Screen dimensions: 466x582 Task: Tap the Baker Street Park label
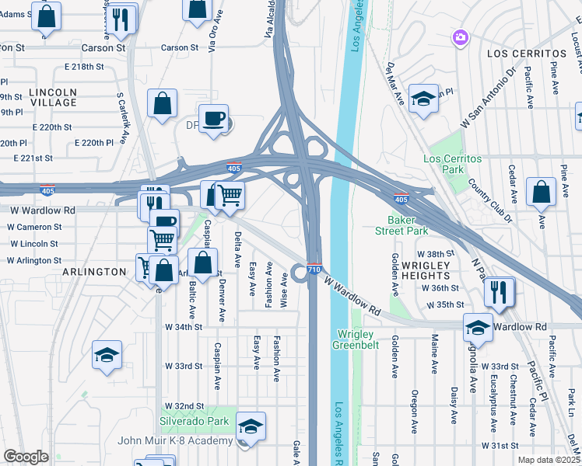pyautogui.click(x=408, y=225)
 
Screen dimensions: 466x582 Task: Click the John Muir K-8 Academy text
pyautogui.click(x=175, y=441)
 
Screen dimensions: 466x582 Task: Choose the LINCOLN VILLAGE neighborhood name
pyautogui.click(x=53, y=97)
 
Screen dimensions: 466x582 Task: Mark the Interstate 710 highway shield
pyautogui.click(x=314, y=269)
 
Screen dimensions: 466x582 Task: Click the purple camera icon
pyautogui.click(x=461, y=37)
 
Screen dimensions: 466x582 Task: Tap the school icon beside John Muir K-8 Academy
pyautogui.click(x=251, y=427)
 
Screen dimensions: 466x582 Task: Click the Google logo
pyautogui.click(x=26, y=457)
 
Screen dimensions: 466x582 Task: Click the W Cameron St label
pyautogui.click(x=35, y=227)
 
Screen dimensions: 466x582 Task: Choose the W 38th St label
pyautogui.click(x=434, y=254)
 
